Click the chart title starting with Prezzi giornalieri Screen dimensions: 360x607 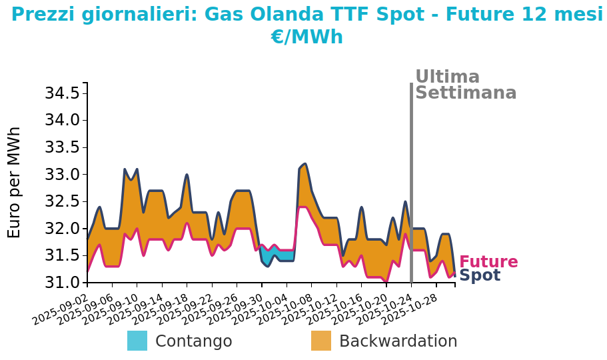pos(306,15)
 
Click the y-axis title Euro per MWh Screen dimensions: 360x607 pos(15,182)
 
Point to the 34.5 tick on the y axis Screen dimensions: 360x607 pos(62,93)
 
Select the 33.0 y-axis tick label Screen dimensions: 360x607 pos(62,175)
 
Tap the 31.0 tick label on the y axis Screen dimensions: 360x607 pos(62,283)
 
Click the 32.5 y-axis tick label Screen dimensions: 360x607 pos(62,201)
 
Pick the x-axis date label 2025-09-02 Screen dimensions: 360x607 pos(61,307)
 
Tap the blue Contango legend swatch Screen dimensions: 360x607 pos(137,341)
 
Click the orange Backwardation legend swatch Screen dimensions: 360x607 pos(321,341)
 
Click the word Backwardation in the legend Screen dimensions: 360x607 pos(398,341)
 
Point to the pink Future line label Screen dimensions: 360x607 pos(488,262)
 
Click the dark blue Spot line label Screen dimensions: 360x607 pos(480,275)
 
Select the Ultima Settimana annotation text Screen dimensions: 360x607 pos(465,85)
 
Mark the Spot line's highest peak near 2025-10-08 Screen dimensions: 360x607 pos(304,164)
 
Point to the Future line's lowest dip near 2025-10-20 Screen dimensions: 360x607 pos(386,281)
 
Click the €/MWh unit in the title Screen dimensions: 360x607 pos(306,37)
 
